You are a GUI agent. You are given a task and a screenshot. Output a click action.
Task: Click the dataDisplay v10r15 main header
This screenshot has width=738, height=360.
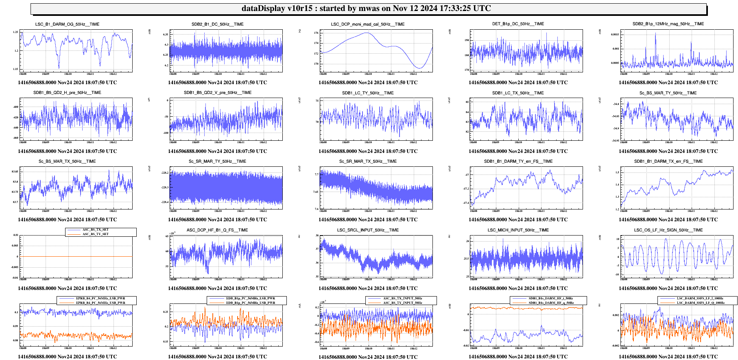pyautogui.click(x=366, y=9)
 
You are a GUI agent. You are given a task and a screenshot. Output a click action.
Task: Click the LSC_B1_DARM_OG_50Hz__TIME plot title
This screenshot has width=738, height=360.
pyautogui.click(x=67, y=24)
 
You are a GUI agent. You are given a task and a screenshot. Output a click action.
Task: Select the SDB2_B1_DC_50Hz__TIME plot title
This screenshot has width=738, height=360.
pyautogui.click(x=218, y=24)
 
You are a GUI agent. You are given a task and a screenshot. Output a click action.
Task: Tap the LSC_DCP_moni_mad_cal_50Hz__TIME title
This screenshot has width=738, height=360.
pyautogui.click(x=368, y=24)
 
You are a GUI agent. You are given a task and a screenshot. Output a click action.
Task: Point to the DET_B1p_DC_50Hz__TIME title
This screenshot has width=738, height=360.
pyautogui.click(x=518, y=24)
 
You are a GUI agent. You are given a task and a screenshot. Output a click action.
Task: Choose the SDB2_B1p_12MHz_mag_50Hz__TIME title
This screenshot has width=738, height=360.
pyautogui.click(x=668, y=24)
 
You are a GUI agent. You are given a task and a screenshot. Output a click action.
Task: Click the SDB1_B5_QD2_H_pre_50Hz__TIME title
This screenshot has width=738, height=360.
pyautogui.click(x=67, y=93)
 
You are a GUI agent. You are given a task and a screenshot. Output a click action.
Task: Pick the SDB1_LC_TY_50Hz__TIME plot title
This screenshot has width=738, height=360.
pyautogui.click(x=368, y=93)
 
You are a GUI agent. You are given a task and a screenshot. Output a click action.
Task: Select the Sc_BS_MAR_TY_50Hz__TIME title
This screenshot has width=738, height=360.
pyautogui.click(x=668, y=93)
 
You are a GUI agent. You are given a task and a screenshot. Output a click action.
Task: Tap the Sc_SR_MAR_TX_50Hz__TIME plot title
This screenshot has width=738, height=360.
pyautogui.click(x=368, y=161)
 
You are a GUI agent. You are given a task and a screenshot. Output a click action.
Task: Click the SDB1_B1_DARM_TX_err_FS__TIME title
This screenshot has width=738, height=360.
pyautogui.click(x=668, y=161)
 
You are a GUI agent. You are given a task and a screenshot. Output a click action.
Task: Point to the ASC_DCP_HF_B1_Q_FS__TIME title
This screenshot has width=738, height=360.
pyautogui.click(x=217, y=230)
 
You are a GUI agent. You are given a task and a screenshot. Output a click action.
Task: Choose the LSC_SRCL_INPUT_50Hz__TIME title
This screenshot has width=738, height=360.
pyautogui.click(x=368, y=230)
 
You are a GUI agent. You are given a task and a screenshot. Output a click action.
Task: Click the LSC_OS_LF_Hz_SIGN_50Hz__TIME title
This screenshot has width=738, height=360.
pyautogui.click(x=668, y=230)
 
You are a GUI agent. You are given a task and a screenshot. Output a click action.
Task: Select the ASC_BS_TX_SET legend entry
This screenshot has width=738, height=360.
pyautogui.click(x=96, y=230)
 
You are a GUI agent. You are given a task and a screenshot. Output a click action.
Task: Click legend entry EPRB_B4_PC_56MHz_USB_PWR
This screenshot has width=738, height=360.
pyautogui.click(x=100, y=303)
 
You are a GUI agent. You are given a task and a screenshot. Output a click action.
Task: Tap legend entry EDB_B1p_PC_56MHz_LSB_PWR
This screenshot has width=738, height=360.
pyautogui.click(x=251, y=299)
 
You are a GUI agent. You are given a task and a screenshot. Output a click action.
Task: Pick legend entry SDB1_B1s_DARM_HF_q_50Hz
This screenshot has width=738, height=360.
pyautogui.click(x=551, y=303)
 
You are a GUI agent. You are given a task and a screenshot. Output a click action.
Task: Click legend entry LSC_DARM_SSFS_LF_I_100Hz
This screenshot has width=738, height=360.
pyautogui.click(x=701, y=299)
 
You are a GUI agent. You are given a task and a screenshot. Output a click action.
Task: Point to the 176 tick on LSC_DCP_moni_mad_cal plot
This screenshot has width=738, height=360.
pyautogui.click(x=316, y=33)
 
